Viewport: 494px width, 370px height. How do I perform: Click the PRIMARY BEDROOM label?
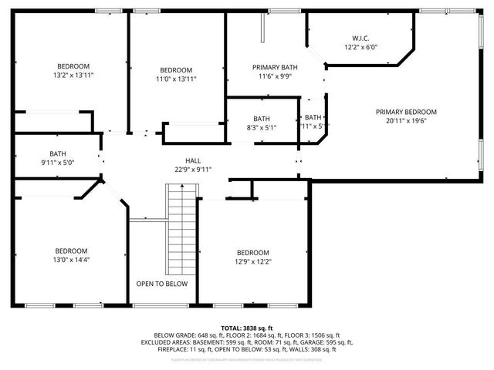click(x=406, y=112)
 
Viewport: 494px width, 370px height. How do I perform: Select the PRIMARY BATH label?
click(x=275, y=67)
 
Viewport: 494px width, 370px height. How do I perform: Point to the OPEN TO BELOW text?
click(x=161, y=284)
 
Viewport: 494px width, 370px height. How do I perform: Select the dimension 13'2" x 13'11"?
click(x=73, y=76)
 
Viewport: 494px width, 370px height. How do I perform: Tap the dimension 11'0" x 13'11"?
click(x=177, y=79)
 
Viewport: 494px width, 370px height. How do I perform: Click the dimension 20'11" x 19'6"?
click(x=406, y=121)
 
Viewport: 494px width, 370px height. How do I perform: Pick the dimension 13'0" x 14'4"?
click(x=71, y=261)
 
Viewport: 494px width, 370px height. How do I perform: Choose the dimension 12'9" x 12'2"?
click(x=252, y=262)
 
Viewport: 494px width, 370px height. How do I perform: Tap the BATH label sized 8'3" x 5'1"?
click(x=262, y=119)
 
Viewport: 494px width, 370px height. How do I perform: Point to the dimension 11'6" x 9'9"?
click(x=275, y=76)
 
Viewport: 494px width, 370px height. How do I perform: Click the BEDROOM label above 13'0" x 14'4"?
click(x=71, y=251)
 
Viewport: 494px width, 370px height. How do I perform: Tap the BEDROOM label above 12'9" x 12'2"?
click(x=252, y=253)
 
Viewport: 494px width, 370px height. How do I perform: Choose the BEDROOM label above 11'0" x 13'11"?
click(x=177, y=69)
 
